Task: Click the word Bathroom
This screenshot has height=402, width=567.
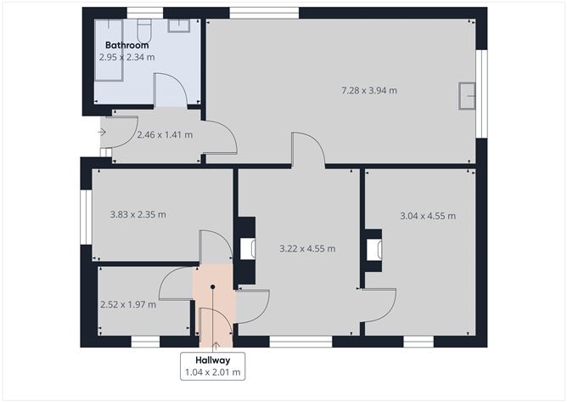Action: click(x=128, y=43)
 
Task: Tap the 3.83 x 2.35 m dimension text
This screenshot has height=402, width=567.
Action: click(x=138, y=214)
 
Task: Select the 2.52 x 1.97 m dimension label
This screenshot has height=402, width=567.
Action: click(x=127, y=303)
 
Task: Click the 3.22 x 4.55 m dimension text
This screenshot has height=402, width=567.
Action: click(x=307, y=249)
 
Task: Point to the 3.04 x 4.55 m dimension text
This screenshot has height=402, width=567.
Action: click(x=428, y=216)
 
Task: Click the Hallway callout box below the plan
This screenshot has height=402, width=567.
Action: click(x=213, y=366)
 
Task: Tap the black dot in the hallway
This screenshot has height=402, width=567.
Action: click(x=213, y=288)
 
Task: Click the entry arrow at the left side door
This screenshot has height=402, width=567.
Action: click(x=102, y=132)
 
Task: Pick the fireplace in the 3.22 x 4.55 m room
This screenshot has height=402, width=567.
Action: click(x=247, y=248)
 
